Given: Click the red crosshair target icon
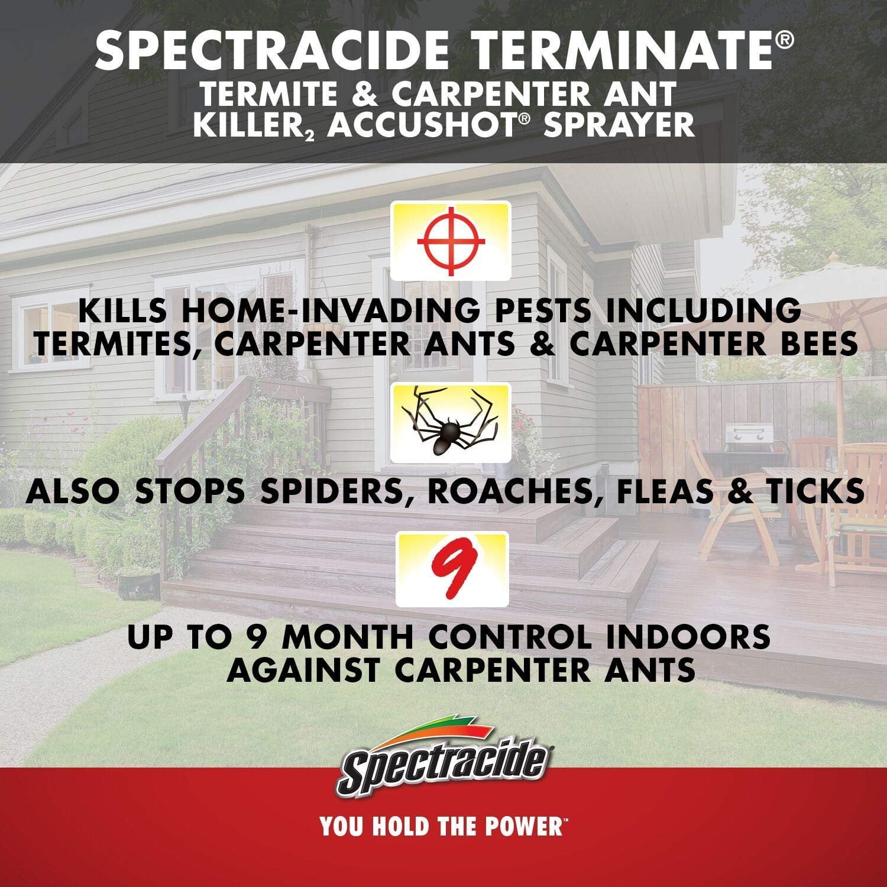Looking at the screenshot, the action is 451,241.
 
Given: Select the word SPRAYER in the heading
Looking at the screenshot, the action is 619,124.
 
